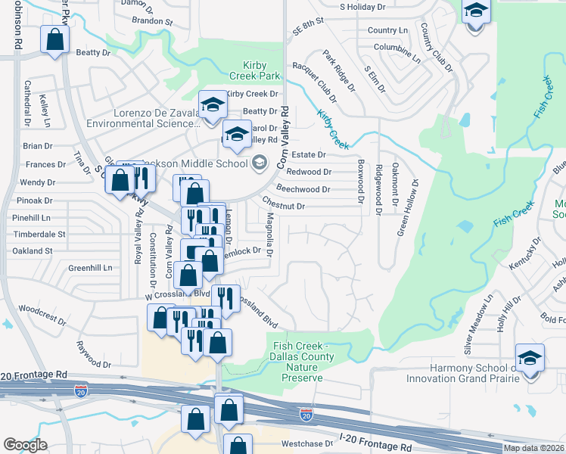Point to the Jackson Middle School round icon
[x=260, y=163]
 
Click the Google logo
[x=25, y=445]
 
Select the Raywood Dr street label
[x=93, y=355]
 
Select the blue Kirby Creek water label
[x=333, y=128]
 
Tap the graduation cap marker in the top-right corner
[x=475, y=11]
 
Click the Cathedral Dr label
[x=26, y=101]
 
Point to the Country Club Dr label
[x=436, y=48]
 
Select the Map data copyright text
[x=534, y=448]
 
